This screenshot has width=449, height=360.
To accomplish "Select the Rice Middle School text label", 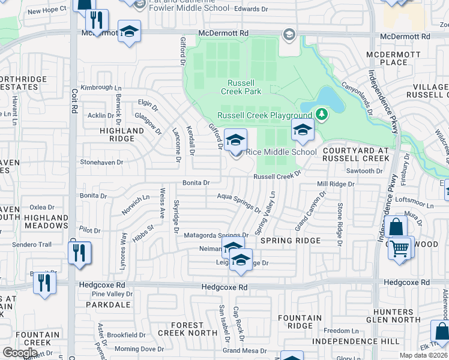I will point(281,152).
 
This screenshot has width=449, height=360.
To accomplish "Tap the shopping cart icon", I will point(399,248).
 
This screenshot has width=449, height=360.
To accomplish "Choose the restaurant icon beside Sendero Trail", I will point(79,253).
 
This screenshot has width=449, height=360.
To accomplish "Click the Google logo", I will point(19,353).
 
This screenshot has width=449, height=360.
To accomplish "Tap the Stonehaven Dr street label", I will point(101,162).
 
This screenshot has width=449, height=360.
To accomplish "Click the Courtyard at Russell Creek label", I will point(356,155).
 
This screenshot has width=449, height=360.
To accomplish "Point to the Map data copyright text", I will point(424,355).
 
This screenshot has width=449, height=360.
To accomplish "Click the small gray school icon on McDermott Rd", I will point(289,34).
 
